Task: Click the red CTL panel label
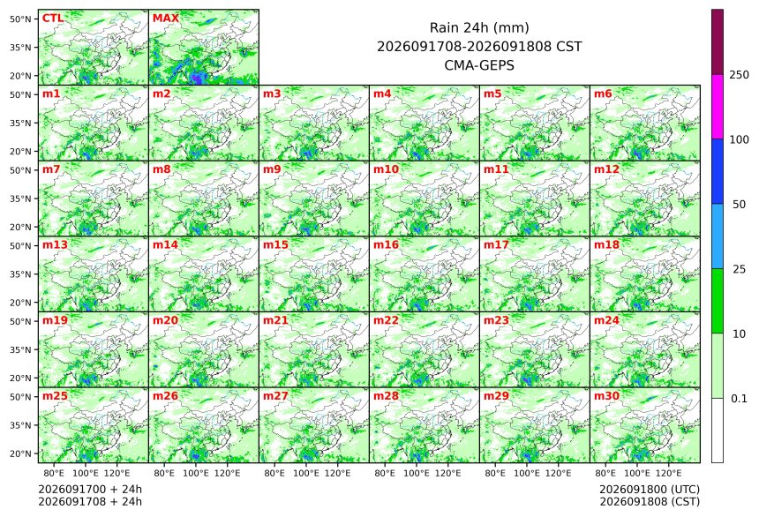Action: [x=53, y=18]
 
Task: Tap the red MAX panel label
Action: [x=166, y=18]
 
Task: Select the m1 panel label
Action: [x=51, y=94]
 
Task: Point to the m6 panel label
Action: [x=603, y=94]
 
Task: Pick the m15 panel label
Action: [x=275, y=244]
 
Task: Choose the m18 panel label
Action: [x=606, y=244]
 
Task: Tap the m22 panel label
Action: [x=386, y=320]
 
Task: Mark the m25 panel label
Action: [x=55, y=395]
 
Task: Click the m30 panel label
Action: [x=606, y=395]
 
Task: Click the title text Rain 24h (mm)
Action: [x=479, y=27]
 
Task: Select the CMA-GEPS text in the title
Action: [x=479, y=65]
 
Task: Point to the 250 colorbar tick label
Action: [x=739, y=75]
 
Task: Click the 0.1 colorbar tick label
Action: [x=739, y=399]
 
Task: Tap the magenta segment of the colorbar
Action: [x=718, y=107]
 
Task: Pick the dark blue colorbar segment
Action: [x=718, y=171]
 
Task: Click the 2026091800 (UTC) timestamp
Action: [x=650, y=489]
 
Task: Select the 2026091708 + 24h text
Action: [x=90, y=501]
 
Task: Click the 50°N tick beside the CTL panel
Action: [x=20, y=19]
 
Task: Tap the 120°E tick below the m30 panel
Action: [x=668, y=473]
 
